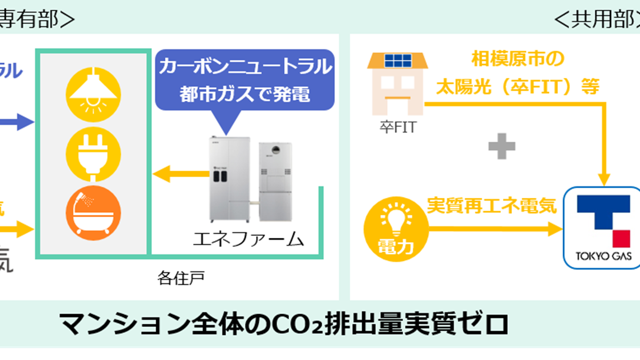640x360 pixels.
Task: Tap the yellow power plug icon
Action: [93, 154]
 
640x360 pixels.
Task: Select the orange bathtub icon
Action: [93, 214]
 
